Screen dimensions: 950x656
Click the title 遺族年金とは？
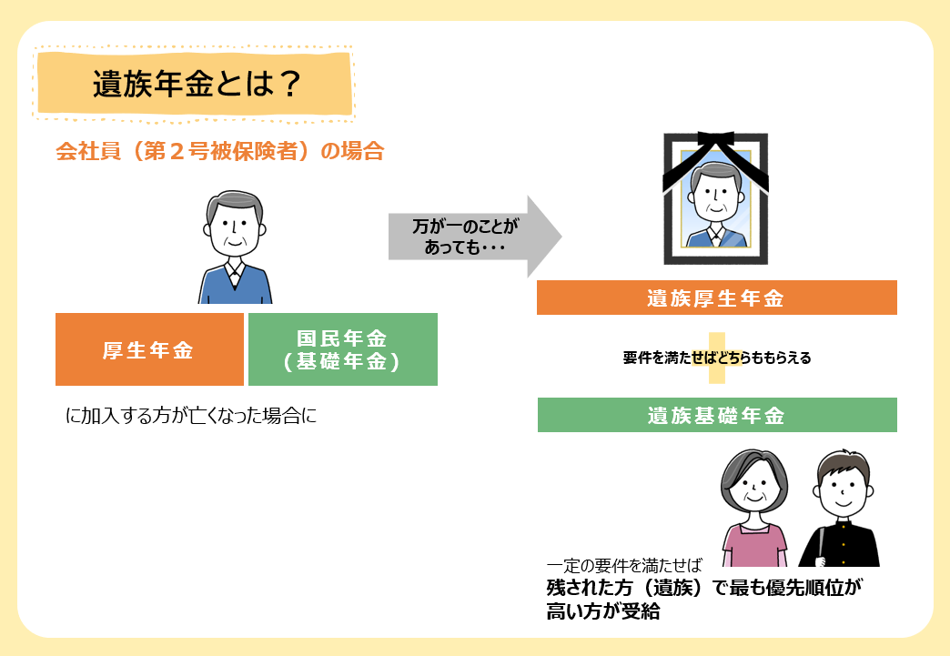197,85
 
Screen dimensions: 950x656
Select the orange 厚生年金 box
149,348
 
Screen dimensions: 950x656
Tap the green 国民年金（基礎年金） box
343,348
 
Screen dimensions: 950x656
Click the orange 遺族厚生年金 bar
717,298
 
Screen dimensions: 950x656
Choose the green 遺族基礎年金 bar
717,415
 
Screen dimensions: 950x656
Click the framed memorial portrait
715,198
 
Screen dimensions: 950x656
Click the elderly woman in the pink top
753,508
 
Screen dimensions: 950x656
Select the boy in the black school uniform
840,509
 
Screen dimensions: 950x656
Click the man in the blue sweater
235,247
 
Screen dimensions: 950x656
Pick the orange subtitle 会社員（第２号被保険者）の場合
220,151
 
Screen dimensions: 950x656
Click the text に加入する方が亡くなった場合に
191,416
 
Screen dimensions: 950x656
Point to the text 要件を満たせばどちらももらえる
717,358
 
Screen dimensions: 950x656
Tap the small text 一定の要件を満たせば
624,566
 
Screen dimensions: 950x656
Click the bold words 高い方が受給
602,611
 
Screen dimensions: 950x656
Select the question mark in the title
289,85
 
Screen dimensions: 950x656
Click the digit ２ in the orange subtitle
177,151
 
